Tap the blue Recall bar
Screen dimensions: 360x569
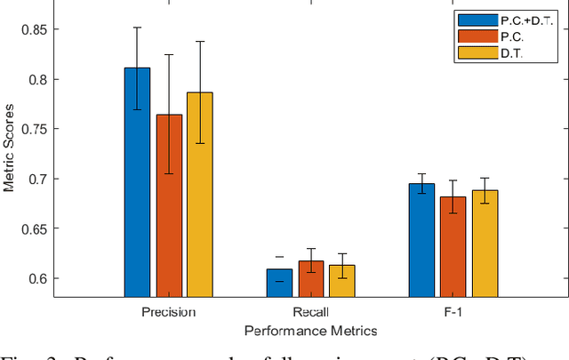click(279, 283)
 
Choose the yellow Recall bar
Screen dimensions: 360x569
click(341, 281)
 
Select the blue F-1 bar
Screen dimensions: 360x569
click(422, 240)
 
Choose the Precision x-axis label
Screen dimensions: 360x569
click(168, 312)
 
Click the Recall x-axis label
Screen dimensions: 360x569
click(310, 312)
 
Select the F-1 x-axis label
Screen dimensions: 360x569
click(453, 312)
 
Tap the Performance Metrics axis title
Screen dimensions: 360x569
click(310, 330)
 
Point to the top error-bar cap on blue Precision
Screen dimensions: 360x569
click(137, 28)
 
